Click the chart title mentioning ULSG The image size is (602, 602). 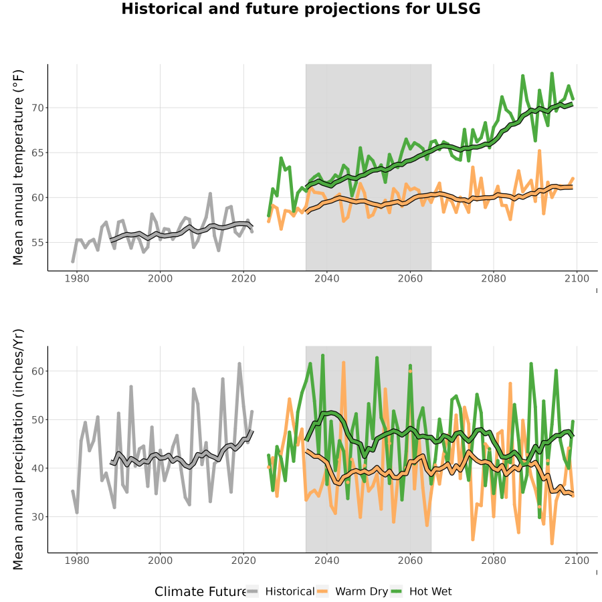[x=300, y=9]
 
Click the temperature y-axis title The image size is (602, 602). [x=18, y=167]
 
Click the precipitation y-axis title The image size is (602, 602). [x=18, y=449]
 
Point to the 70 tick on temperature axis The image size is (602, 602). [x=38, y=108]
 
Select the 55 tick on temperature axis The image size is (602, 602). [x=38, y=243]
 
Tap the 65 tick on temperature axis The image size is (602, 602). [x=38, y=153]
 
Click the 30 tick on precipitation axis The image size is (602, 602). [x=38, y=517]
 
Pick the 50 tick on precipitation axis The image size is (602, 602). [x=38, y=419]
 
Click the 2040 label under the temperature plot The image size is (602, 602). [x=326, y=278]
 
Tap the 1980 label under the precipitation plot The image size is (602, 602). [x=77, y=561]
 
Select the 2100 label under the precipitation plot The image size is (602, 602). [x=577, y=561]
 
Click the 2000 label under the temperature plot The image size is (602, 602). [x=160, y=278]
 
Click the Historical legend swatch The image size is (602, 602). [x=252, y=592]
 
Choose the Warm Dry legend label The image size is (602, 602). [x=361, y=592]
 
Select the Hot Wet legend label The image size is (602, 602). [x=430, y=592]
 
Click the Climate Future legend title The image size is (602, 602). [x=201, y=592]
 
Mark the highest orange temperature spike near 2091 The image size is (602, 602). [x=539, y=151]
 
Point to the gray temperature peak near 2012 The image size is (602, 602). [x=211, y=194]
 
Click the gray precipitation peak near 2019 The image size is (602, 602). [x=239, y=364]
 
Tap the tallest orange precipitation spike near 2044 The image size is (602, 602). [x=344, y=363]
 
